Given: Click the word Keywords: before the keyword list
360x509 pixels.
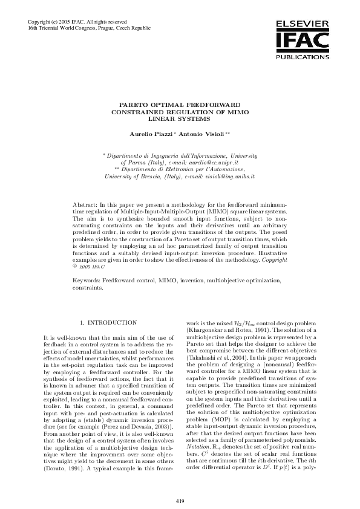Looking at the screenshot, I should (87, 281).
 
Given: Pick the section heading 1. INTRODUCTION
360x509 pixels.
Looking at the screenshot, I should (109, 323).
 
